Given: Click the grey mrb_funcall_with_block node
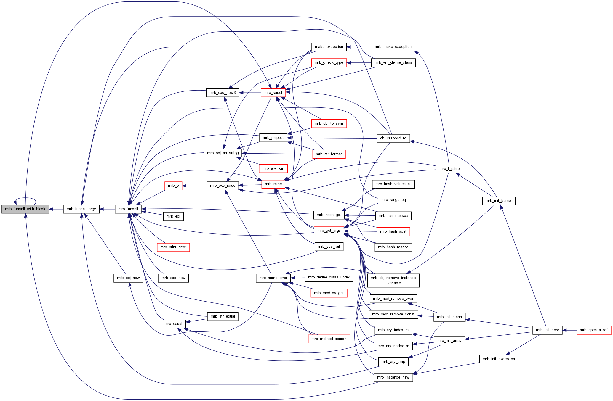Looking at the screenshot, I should point(25,209).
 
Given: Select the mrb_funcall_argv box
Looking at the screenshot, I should point(81,209).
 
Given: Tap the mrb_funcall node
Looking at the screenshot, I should point(128,209).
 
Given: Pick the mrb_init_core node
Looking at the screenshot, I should point(547,330).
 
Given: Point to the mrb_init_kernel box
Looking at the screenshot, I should point(499,201).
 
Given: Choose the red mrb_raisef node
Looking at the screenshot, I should point(273,93).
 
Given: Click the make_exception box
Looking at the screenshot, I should point(329,47).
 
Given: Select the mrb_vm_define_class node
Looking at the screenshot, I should point(393,62).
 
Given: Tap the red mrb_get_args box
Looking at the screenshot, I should point(329,231).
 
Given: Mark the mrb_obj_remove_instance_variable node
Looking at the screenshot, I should point(393,280).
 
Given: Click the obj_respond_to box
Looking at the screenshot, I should point(393,138).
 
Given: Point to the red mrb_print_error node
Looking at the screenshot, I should point(173,247).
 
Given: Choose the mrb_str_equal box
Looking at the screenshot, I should point(223,316).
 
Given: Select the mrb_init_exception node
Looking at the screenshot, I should point(499,359).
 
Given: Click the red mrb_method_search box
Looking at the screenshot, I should point(329,339).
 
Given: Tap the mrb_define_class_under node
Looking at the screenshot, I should point(329,277).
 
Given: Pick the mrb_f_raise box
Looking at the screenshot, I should point(449,169).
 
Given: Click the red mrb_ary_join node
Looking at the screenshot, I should point(273,168).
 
